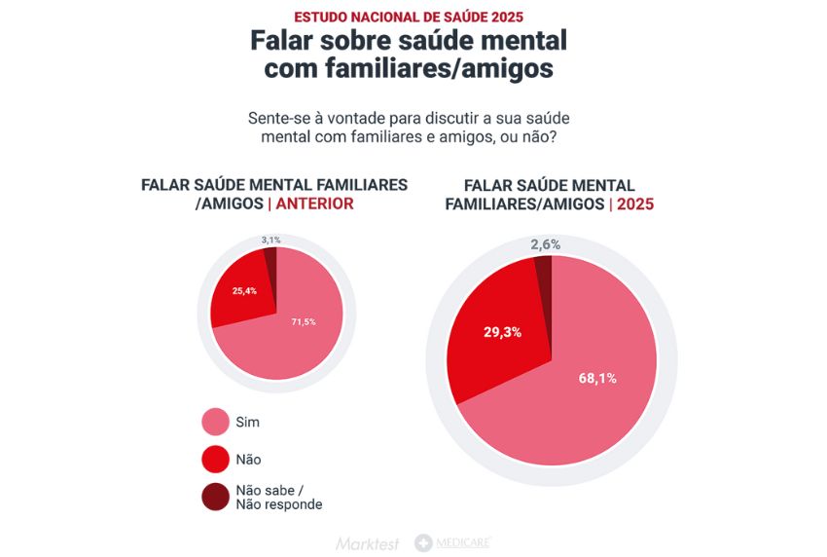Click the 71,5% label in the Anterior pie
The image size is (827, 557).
(x=304, y=321)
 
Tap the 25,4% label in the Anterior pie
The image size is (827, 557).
(x=244, y=291)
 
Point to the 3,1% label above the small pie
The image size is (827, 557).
(x=270, y=240)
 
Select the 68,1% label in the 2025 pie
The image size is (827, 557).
(x=597, y=378)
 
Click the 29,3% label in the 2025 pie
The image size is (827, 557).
(x=502, y=332)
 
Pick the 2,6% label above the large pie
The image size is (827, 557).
(x=545, y=244)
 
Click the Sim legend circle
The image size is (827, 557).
(x=215, y=423)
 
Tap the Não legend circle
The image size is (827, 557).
(x=215, y=460)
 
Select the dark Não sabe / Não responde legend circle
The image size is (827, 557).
(x=215, y=497)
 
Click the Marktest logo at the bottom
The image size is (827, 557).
(x=368, y=543)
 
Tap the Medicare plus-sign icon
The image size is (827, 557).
(x=423, y=543)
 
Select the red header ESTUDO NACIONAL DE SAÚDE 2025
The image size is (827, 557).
(x=409, y=17)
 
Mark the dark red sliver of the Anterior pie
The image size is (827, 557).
(x=271, y=263)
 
